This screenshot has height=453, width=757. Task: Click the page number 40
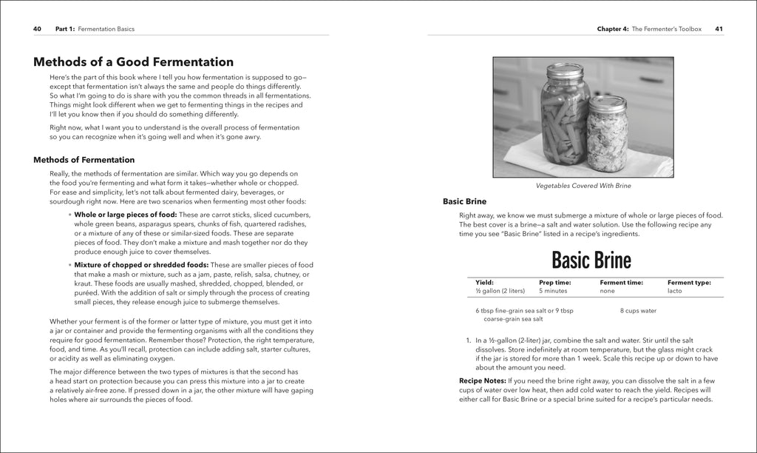point(37,29)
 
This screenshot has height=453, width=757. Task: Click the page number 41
point(719,29)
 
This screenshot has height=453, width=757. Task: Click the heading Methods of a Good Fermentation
point(134,62)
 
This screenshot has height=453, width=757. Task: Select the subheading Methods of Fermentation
point(84,160)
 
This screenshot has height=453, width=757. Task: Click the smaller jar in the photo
point(607,133)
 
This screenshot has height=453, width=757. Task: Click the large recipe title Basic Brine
point(591,261)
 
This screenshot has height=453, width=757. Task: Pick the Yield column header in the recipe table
point(484,282)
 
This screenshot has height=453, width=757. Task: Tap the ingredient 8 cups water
point(638,311)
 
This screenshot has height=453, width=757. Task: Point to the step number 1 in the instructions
point(469,339)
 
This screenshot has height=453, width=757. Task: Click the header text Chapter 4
point(613,29)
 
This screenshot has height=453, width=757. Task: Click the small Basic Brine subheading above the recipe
point(464,201)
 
